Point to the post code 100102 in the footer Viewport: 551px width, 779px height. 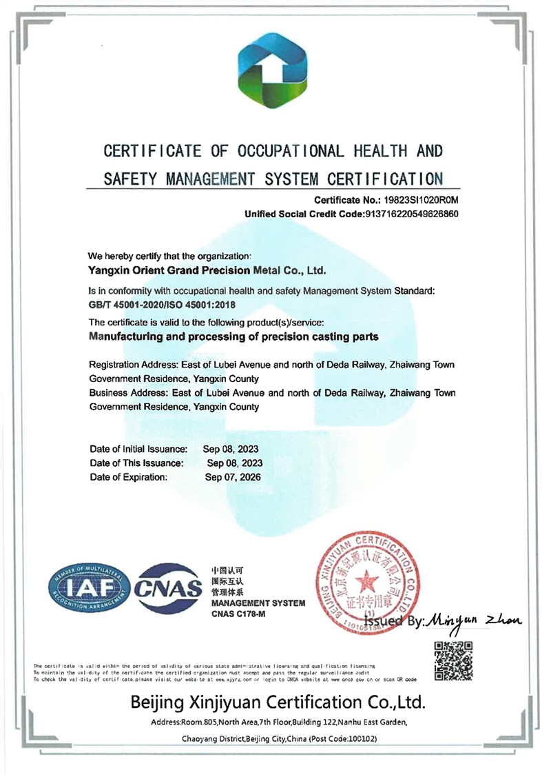click(355, 738)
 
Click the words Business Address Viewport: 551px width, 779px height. click(123, 393)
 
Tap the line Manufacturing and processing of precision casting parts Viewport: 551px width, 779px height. click(235, 337)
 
